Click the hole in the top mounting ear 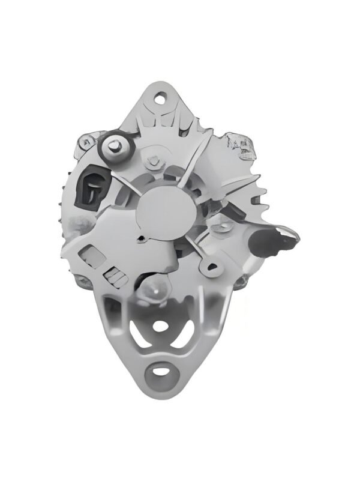point(161,95)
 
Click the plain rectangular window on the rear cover point(89,255)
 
